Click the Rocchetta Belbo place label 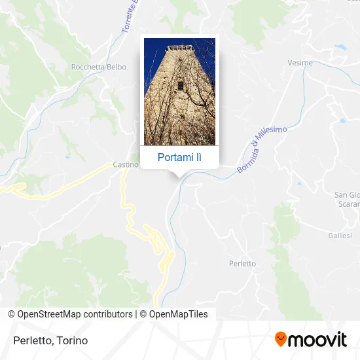pyautogui.click(x=94, y=67)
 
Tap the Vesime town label pyautogui.click(x=300, y=63)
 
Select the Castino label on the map pyautogui.click(x=126, y=164)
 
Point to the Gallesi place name pyautogui.click(x=340, y=236)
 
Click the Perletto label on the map pyautogui.click(x=242, y=263)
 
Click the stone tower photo pyautogui.click(x=179, y=92)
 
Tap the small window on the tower pyautogui.click(x=180, y=85)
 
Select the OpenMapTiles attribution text pyautogui.click(x=178, y=314)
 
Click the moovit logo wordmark pyautogui.click(x=318, y=340)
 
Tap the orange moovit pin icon pyautogui.click(x=281, y=339)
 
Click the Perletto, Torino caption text pyautogui.click(x=50, y=340)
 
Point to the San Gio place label pyautogui.click(x=346, y=194)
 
